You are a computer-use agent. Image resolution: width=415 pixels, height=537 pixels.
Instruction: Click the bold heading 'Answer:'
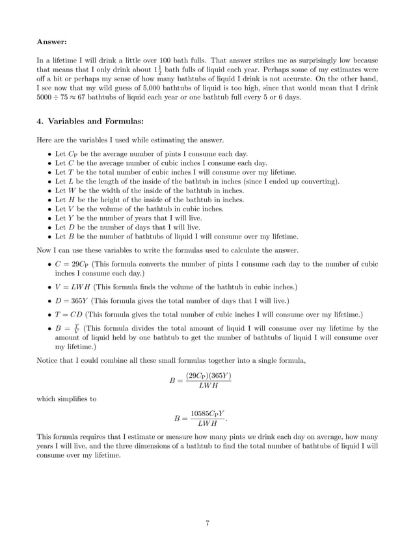pyautogui.click(x=51, y=42)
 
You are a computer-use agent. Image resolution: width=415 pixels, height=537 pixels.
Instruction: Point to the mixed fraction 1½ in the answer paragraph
pyautogui.click(x=159, y=68)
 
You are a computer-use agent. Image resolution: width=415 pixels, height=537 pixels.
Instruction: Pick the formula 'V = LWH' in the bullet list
pyautogui.click(x=70, y=286)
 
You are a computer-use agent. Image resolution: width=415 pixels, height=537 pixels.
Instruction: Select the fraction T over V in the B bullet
pyautogui.click(x=77, y=329)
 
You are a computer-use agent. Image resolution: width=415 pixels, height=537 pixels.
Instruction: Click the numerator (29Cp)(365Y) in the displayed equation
pyautogui.click(x=208, y=375)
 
